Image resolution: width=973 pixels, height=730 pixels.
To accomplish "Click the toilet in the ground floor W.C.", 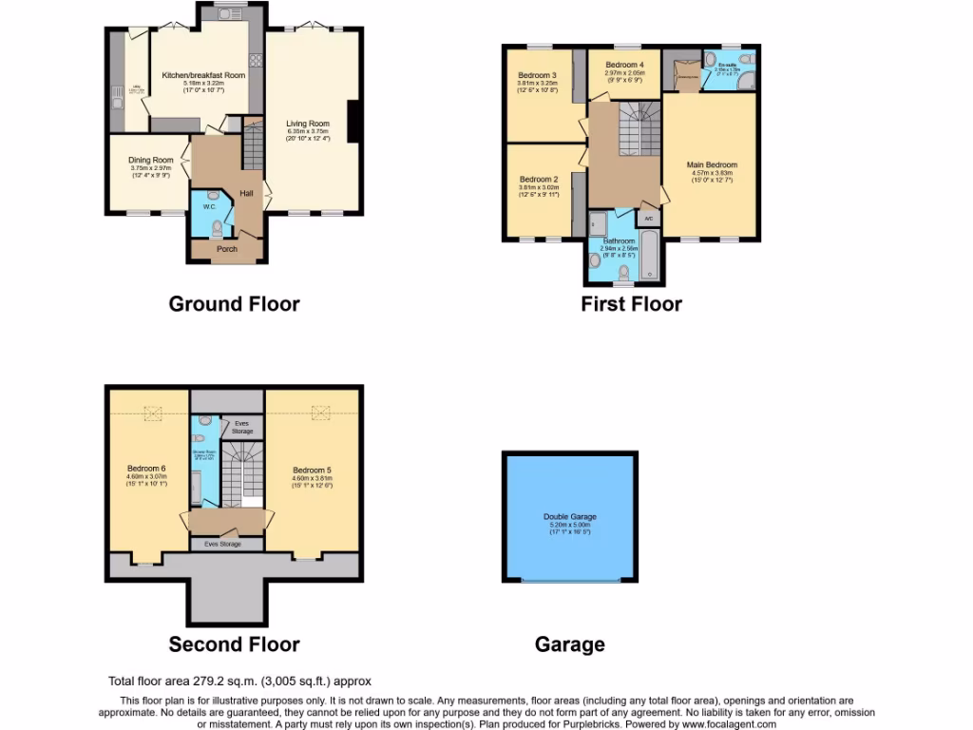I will click(218, 227).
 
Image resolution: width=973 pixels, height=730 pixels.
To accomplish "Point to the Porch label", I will click(226, 249).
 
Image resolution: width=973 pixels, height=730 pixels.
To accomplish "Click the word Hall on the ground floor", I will click(246, 193).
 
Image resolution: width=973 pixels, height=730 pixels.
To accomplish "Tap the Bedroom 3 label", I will click(537, 75).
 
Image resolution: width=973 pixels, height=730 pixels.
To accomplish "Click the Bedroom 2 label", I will click(538, 179).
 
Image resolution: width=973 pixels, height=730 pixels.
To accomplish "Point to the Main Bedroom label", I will click(712, 164).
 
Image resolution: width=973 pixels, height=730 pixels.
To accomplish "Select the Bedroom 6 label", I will click(146, 468).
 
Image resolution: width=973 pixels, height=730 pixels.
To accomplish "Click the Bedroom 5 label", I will click(312, 470).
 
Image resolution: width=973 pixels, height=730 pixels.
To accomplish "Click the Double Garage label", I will click(570, 517).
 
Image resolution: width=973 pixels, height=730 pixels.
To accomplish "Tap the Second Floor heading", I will click(234, 644).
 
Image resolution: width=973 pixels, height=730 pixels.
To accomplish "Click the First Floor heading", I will click(631, 304).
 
